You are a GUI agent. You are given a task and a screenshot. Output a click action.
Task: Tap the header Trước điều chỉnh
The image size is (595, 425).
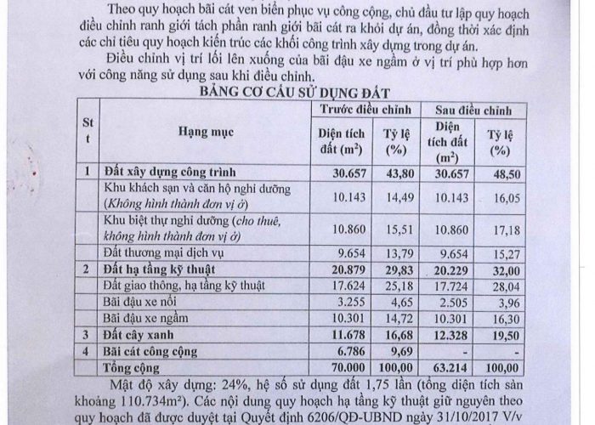(365, 110)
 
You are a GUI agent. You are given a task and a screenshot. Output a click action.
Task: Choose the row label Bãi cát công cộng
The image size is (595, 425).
(150, 350)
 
